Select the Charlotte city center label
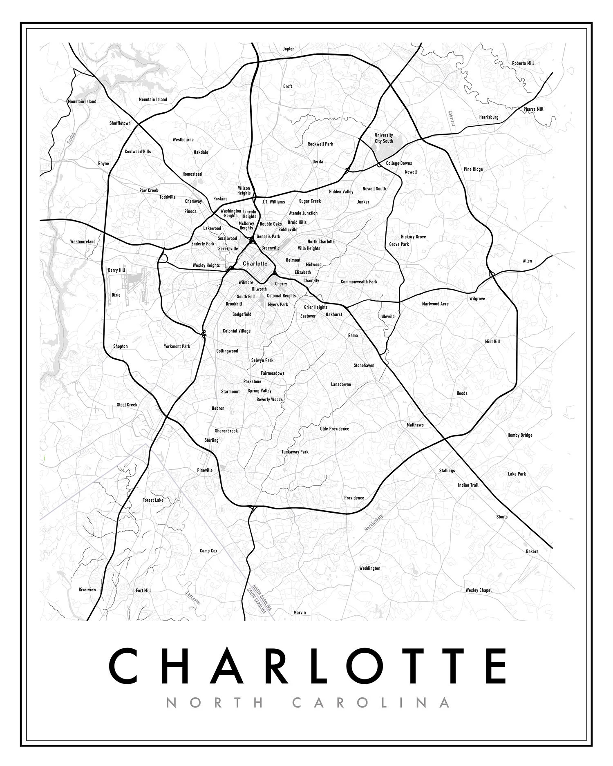tap(255, 264)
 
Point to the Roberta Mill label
tap(523, 63)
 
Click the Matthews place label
tap(415, 425)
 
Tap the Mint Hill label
tap(492, 342)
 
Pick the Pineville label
tap(205, 470)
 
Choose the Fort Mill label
tap(143, 590)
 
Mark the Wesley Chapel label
tap(478, 590)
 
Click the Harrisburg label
tap(489, 117)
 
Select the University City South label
tap(384, 138)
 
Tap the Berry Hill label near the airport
tap(116, 270)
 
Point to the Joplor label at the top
tap(288, 49)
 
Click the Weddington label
tap(369, 568)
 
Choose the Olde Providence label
tap(334, 429)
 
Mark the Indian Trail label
tap(468, 485)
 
